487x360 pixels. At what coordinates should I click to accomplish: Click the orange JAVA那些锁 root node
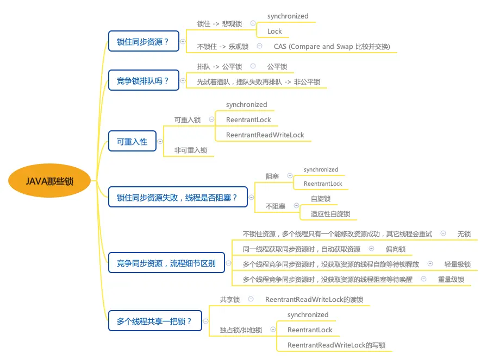tap(49, 181)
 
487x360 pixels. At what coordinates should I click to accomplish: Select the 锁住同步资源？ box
tap(143, 41)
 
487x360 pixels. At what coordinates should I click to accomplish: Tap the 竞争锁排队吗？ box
tap(143, 81)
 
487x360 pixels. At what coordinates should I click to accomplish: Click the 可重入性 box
tap(132, 142)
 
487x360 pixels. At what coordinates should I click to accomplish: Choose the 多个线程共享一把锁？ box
tap(154, 321)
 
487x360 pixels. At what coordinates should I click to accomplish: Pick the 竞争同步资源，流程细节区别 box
tap(166, 263)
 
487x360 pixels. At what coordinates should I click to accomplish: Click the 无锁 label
tap(464, 234)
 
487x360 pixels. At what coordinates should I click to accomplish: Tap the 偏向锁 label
tap(395, 249)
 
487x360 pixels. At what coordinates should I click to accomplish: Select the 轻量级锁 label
tap(457, 264)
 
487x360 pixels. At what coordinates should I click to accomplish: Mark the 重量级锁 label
tap(451, 280)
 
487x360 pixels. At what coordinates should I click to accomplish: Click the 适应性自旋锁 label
tap(330, 214)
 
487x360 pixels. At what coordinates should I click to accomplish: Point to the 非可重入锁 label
tap(190, 150)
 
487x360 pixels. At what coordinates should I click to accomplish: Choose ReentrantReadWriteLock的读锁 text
tap(314, 300)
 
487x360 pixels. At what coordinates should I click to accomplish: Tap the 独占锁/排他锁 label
tap(241, 330)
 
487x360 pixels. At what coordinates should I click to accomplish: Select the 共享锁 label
tap(230, 300)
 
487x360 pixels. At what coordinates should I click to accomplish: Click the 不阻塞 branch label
tap(275, 206)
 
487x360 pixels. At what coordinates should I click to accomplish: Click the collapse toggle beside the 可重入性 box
tap(160, 142)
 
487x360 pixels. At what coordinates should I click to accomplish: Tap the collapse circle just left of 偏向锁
tap(372, 249)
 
